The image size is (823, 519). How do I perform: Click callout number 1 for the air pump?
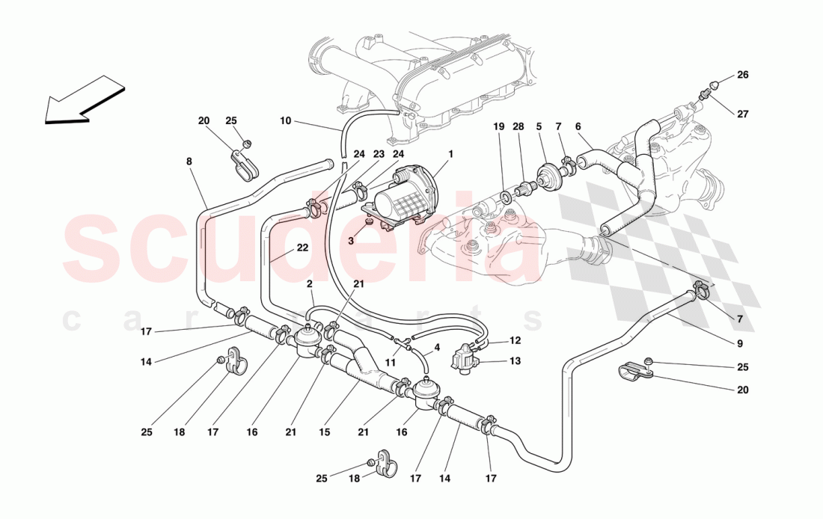(451, 154)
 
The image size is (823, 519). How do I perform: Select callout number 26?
(742, 75)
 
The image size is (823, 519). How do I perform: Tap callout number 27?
(742, 114)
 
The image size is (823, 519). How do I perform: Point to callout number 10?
(285, 120)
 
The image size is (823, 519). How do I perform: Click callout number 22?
(302, 248)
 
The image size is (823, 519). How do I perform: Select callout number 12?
(515, 340)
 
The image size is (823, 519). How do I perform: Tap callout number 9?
(740, 344)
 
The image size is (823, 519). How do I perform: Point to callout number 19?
(500, 127)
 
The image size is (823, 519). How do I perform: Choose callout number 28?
(519, 127)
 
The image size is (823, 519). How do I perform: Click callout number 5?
(539, 127)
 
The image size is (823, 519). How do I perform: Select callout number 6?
(578, 127)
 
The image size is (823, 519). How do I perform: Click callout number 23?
(379, 155)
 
